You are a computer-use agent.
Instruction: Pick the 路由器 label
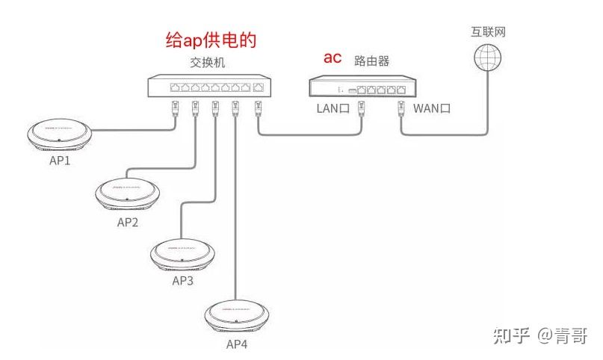tap(371, 60)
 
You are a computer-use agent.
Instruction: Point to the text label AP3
tap(183, 281)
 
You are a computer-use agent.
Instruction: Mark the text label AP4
tap(237, 344)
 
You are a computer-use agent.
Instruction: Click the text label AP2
tap(128, 222)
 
